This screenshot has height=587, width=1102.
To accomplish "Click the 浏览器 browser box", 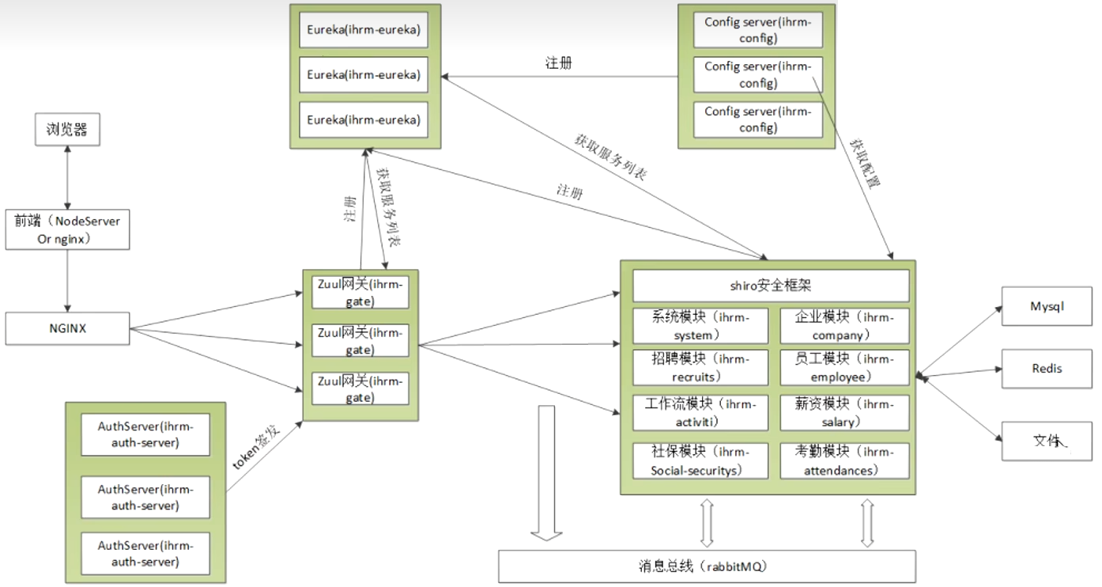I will (x=67, y=130).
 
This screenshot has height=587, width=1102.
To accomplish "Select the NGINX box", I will (x=67, y=328).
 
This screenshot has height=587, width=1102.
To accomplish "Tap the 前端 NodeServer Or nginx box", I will (x=67, y=229).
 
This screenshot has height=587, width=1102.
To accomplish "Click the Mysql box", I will (x=1047, y=306).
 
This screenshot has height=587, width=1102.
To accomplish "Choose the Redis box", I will (x=1047, y=369).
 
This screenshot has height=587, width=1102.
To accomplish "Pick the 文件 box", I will (x=1047, y=441).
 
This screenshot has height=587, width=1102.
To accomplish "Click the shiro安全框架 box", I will (x=771, y=286).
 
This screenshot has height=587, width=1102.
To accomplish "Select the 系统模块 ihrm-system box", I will (x=700, y=325).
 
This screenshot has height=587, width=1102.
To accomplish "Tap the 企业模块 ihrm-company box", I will (x=844, y=325).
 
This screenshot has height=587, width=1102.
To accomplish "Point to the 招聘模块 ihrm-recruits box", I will (x=700, y=368).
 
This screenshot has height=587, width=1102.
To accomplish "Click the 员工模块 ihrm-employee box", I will (x=844, y=368).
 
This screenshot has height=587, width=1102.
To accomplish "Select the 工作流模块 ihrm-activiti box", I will (x=700, y=413).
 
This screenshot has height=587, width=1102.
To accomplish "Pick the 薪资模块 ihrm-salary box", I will (x=844, y=413).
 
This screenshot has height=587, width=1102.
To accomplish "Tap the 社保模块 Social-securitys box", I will (x=700, y=460).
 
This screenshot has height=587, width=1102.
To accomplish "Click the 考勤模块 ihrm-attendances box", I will (x=844, y=460).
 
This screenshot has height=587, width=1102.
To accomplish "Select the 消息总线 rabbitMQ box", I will (x=707, y=566).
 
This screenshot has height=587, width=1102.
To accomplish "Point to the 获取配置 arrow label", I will (x=865, y=162).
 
